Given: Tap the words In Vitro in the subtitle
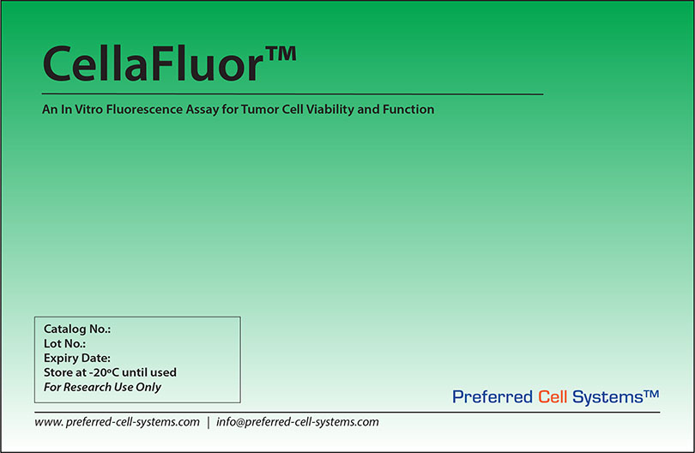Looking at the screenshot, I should click(x=79, y=110).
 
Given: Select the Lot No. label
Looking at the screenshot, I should click(x=64, y=343).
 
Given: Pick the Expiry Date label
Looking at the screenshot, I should click(x=77, y=358).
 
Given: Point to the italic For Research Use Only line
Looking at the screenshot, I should click(x=102, y=387).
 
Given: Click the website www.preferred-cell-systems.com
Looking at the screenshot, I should click(x=118, y=422).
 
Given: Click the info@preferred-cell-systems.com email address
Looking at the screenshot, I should click(x=298, y=422).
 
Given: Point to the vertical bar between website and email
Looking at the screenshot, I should click(x=208, y=422).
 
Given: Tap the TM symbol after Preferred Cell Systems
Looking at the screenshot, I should click(x=651, y=393).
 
